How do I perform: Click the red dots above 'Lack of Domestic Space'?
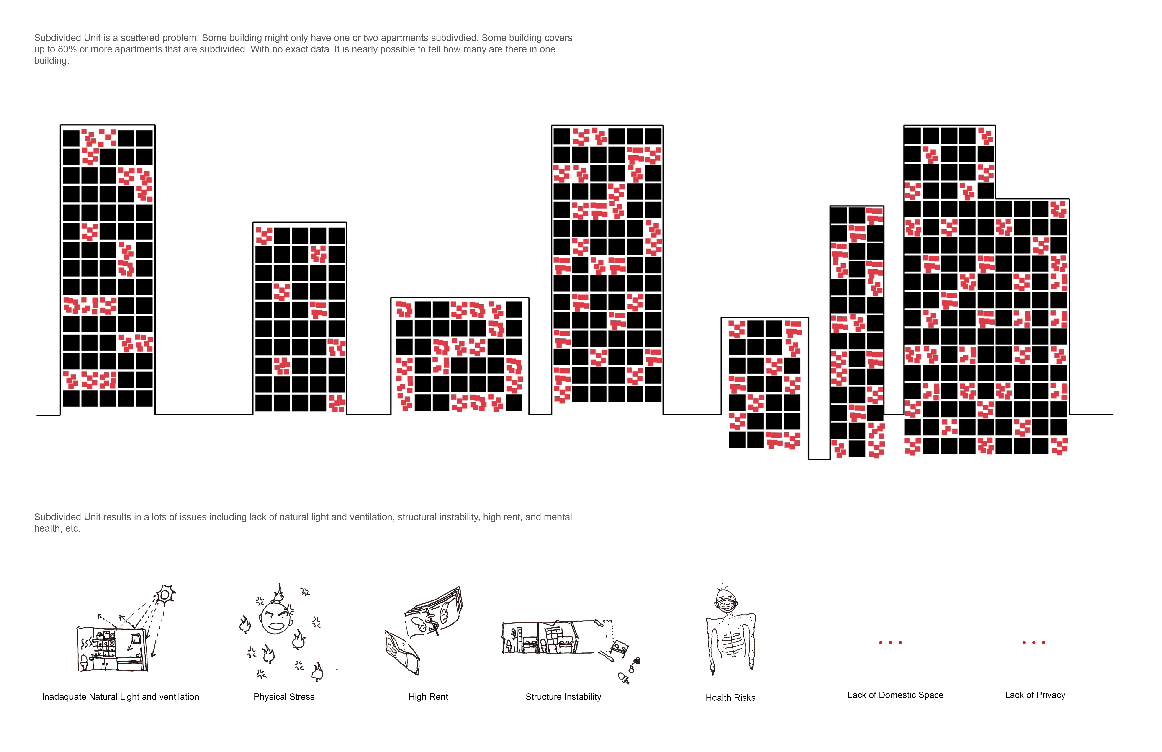(x=891, y=643)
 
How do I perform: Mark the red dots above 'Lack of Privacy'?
(x=1033, y=643)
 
